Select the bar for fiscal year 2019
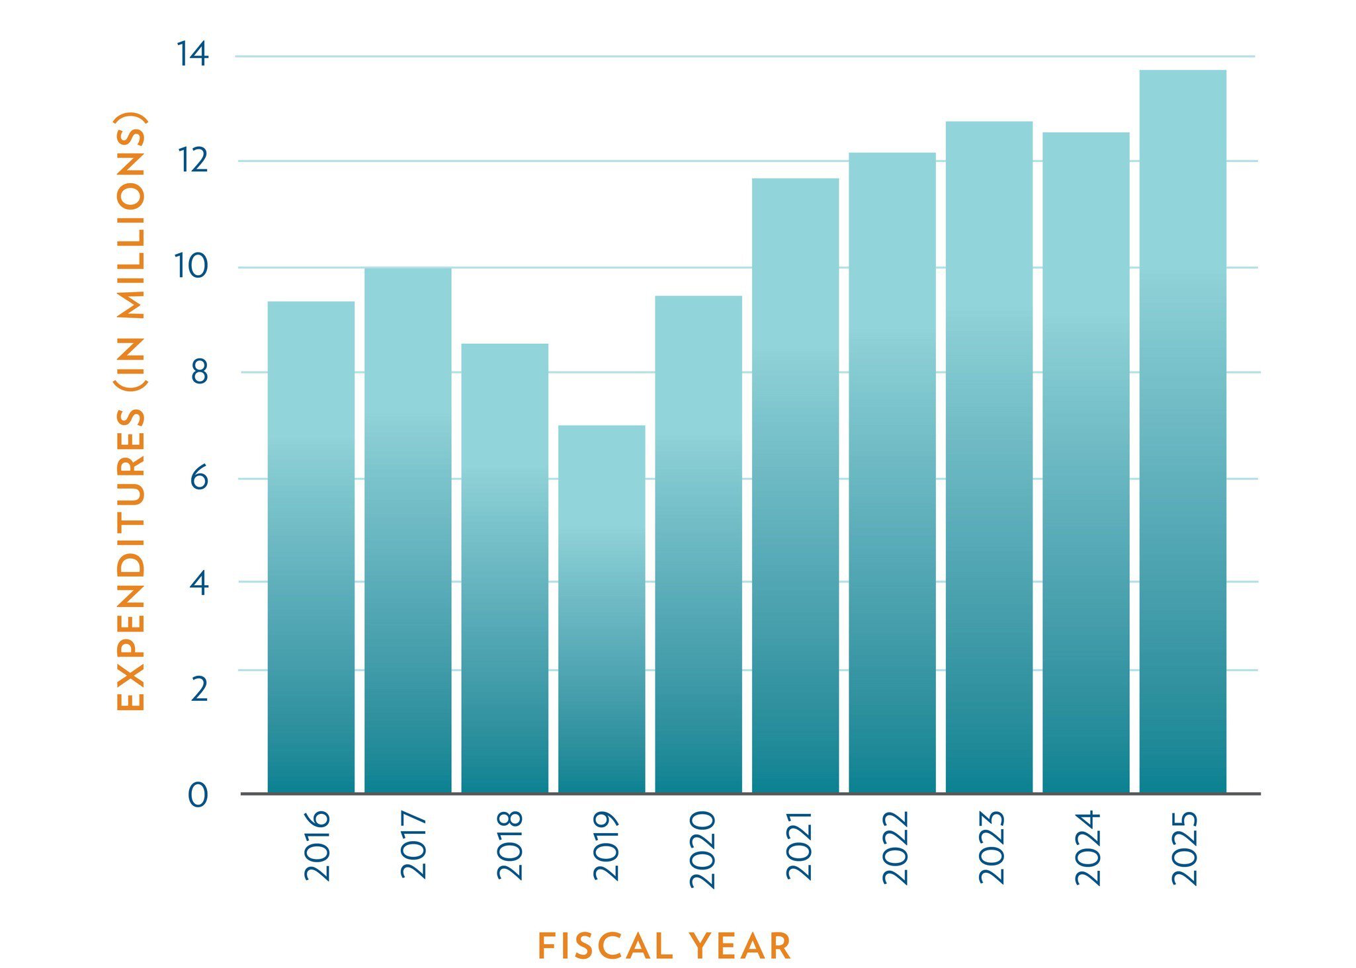[601, 608]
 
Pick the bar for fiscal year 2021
[795, 485]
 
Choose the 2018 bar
[505, 568]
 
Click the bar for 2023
[989, 457]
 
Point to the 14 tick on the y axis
[192, 54]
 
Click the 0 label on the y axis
[198, 795]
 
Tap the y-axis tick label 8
[199, 373]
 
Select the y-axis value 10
[191, 266]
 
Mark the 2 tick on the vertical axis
[199, 689]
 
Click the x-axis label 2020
[702, 850]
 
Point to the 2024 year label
[1088, 848]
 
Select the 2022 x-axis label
[896, 848]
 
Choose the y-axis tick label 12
[192, 161]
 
